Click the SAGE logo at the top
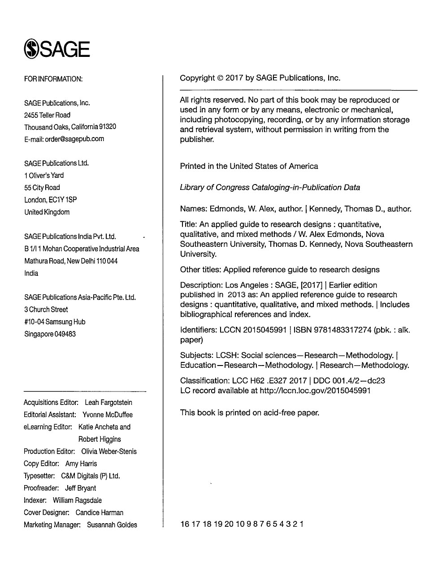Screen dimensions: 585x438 [57, 49]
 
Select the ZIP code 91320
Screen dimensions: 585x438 [108, 127]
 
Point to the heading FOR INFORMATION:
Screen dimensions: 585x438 [53, 79]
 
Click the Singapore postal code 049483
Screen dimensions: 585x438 [65, 334]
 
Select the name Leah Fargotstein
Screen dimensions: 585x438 [108, 403]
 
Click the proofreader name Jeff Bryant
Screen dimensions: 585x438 [80, 488]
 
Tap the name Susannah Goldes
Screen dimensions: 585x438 [112, 525]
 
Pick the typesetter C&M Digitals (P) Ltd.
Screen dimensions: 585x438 [91, 476]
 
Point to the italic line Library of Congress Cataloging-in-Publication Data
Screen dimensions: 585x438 [270, 188]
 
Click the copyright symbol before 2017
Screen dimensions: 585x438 [220, 78]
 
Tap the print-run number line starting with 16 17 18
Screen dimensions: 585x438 [242, 524]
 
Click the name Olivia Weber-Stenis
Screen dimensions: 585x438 [109, 452]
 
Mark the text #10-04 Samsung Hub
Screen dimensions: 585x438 [55, 322]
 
